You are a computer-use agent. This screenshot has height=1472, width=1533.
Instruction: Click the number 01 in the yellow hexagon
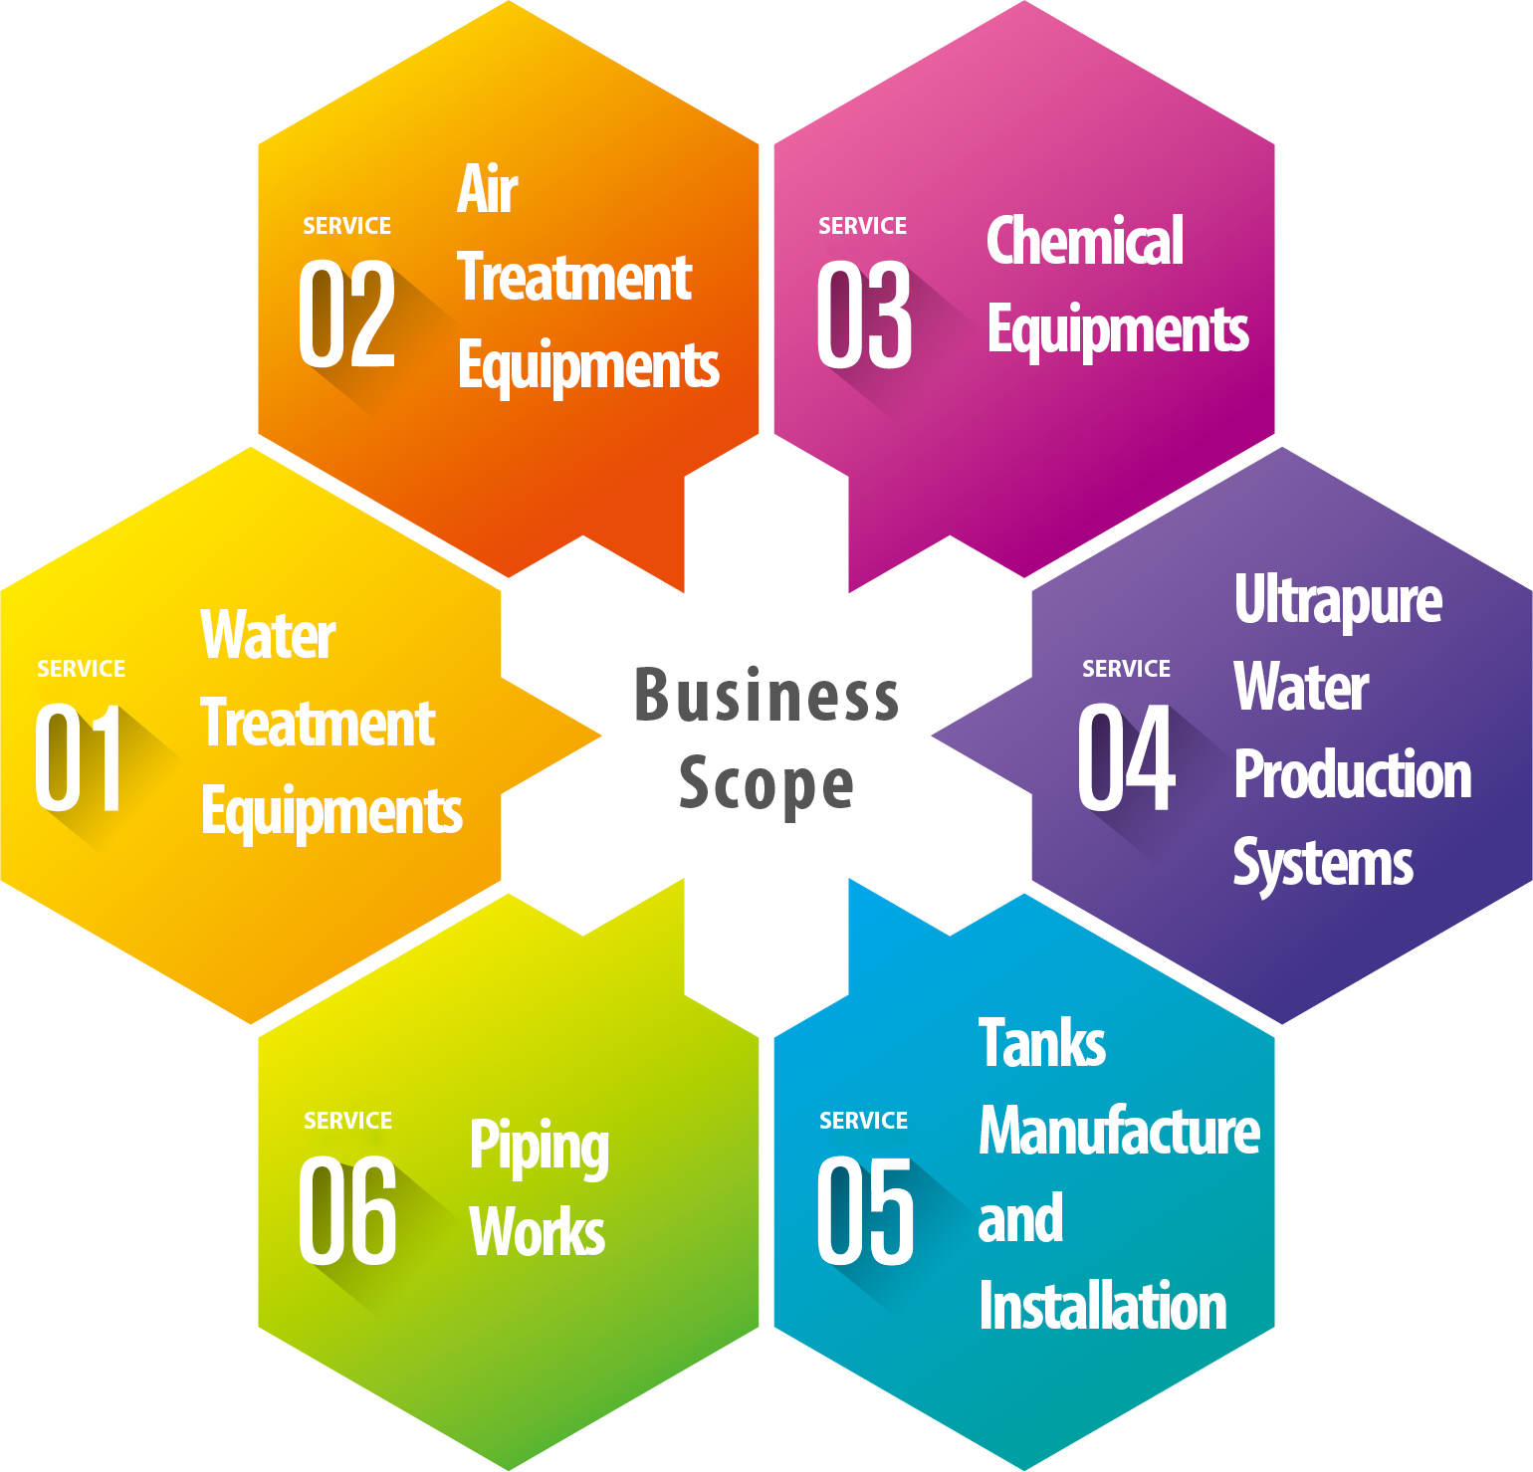pyautogui.click(x=80, y=757)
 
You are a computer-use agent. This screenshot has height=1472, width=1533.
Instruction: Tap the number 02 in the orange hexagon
pyautogui.click(x=346, y=315)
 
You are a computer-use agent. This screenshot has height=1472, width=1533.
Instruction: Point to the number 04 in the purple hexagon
pyautogui.click(x=1126, y=757)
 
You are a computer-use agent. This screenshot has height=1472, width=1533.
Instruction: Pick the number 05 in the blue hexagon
pyautogui.click(x=865, y=1210)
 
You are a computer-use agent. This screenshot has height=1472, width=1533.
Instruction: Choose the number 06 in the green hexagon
pyautogui.click(x=347, y=1210)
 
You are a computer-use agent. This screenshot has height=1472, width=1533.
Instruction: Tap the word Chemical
pyautogui.click(x=1084, y=241)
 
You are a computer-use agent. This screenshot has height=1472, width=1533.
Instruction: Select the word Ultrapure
pyautogui.click(x=1337, y=601)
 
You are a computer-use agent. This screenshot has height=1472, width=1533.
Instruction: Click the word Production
pyautogui.click(x=1352, y=775)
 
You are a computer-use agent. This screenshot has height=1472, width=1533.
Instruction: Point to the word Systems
pyautogui.click(x=1323, y=864)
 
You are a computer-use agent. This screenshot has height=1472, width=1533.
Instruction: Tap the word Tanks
pyautogui.click(x=1042, y=1043)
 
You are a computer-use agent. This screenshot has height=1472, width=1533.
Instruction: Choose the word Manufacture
pyautogui.click(x=1119, y=1132)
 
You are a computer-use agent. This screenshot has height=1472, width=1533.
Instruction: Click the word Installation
pyautogui.click(x=1102, y=1306)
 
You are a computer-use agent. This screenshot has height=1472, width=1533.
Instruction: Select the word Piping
pyautogui.click(x=539, y=1148)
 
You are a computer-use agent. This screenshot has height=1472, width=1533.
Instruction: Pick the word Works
pyautogui.click(x=538, y=1232)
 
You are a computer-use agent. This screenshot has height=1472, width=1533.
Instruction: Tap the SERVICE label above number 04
pyautogui.click(x=1126, y=669)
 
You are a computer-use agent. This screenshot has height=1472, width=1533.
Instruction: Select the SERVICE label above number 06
pyautogui.click(x=347, y=1121)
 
